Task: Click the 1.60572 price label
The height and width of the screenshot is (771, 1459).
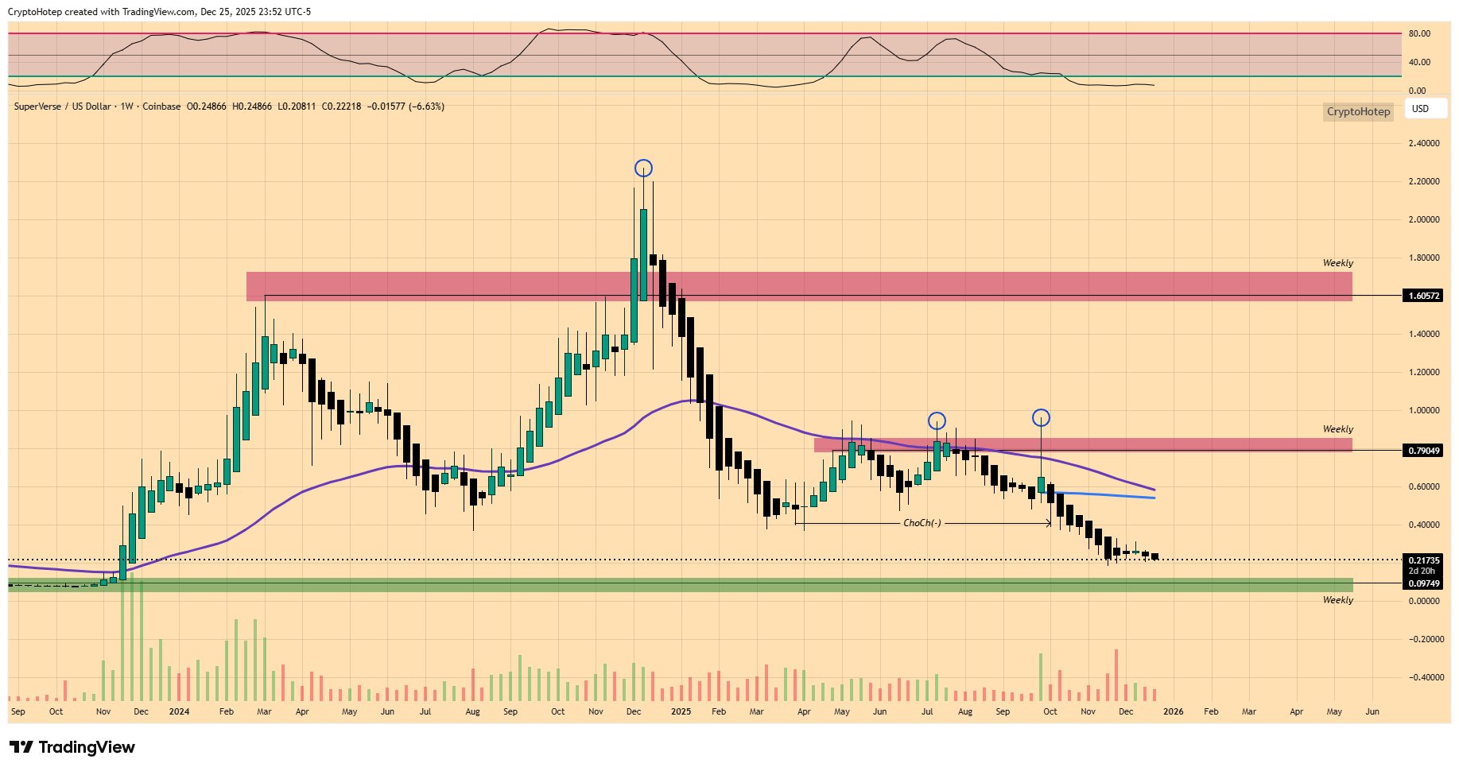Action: click(1424, 296)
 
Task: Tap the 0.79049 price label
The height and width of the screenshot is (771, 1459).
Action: click(1424, 451)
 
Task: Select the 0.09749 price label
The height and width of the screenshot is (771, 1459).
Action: click(1424, 583)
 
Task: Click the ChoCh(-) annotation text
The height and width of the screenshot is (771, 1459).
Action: click(922, 523)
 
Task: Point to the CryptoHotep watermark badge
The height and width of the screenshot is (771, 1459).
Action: click(1358, 111)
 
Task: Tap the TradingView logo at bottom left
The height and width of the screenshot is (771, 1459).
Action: click(72, 747)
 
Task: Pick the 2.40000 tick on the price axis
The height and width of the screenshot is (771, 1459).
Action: click(1424, 144)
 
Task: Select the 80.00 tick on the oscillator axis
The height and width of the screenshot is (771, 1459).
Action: click(1419, 34)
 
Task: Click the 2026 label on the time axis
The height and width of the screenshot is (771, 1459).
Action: click(1173, 711)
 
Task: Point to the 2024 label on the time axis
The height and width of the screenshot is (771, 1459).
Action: click(179, 711)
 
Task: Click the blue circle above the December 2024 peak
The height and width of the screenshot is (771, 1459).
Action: click(643, 168)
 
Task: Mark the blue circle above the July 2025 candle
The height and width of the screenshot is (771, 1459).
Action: click(937, 420)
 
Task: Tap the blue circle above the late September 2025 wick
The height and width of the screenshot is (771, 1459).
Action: click(1041, 417)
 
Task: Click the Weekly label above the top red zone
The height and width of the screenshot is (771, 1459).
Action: click(1337, 263)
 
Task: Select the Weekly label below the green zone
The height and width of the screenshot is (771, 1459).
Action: click(1337, 600)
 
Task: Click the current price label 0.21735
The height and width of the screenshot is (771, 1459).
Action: click(1424, 560)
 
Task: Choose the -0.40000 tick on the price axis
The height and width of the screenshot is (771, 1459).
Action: click(1423, 678)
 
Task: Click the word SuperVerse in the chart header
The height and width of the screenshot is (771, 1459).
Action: click(37, 107)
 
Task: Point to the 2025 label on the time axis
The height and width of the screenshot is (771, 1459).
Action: click(681, 711)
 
